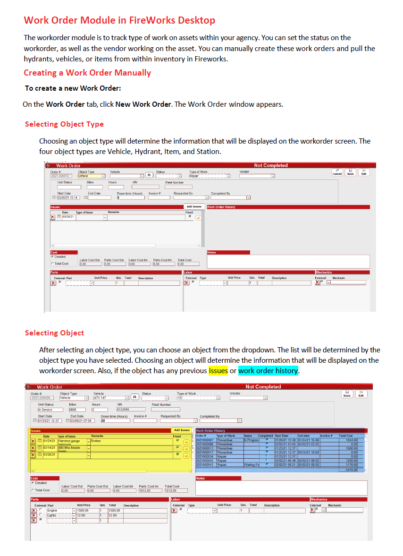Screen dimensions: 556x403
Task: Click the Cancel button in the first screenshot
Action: point(337,172)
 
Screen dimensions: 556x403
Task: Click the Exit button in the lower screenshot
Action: point(361,394)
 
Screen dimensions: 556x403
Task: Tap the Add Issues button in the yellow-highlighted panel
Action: point(182,430)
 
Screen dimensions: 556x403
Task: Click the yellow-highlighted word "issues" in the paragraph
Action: point(218,370)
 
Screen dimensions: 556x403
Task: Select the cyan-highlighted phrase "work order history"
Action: point(268,370)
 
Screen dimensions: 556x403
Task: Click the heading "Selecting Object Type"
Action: point(64,124)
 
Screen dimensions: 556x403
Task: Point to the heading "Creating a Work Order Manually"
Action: point(87,73)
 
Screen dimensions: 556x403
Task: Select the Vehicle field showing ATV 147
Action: point(109,398)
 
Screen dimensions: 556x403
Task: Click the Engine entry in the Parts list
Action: point(59,510)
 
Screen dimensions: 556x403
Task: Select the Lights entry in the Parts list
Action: point(59,515)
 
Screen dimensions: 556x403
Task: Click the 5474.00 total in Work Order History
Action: point(351,470)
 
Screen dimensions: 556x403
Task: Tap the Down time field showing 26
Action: point(115,420)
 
